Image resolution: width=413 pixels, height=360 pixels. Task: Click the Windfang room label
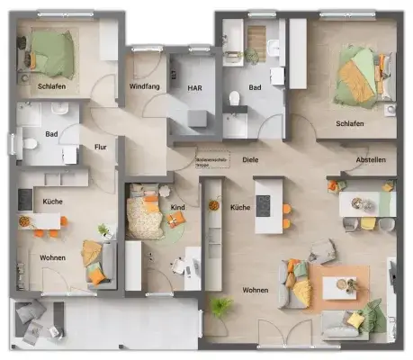tap(145, 87)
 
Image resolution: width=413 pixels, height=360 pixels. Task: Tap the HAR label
tap(194, 87)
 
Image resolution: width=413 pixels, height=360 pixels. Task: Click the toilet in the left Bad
tap(28, 142)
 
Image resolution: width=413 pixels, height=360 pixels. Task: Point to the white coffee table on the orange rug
tap(339, 287)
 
